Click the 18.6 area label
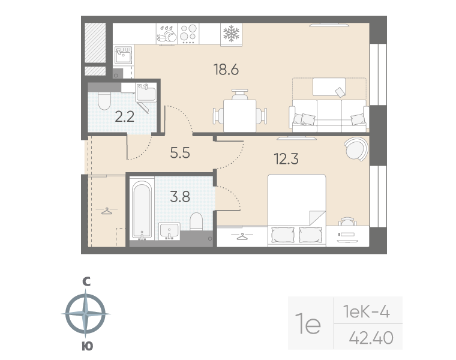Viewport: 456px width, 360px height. click(x=226, y=70)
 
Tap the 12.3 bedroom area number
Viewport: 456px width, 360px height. click(x=286, y=159)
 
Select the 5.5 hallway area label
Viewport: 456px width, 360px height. click(x=180, y=152)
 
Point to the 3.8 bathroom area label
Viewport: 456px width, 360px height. click(x=180, y=197)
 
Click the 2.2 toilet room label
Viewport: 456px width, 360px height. click(x=124, y=116)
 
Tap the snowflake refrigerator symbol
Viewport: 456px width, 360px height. click(x=231, y=33)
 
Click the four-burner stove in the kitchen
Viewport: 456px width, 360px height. click(x=188, y=34)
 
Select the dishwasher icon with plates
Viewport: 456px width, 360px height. click(x=167, y=34)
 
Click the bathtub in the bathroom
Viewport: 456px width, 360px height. click(x=142, y=210)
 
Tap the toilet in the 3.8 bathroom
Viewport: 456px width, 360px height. click(x=196, y=221)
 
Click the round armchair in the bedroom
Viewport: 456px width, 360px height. click(x=356, y=149)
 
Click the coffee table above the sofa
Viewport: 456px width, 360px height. click(x=329, y=86)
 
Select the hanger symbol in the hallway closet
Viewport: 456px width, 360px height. click(x=107, y=211)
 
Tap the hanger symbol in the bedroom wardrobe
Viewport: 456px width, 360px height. click(x=241, y=237)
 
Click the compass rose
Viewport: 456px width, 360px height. click(x=85, y=314)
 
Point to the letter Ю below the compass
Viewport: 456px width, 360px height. click(x=87, y=346)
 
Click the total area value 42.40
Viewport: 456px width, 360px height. click(x=371, y=338)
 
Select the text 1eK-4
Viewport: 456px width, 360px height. click(x=366, y=312)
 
